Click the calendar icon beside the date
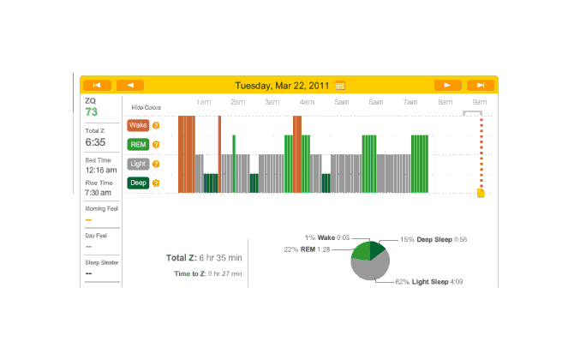[x=340, y=86]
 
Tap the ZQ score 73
[x=92, y=112]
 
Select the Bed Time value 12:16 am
[x=99, y=170]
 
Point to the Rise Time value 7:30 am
[x=99, y=193]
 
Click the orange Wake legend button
[x=138, y=125]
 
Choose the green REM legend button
[x=138, y=144]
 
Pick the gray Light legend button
[x=138, y=163]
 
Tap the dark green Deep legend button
[x=138, y=183]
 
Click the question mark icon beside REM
[x=156, y=144]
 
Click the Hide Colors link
[x=146, y=108]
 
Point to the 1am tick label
[x=204, y=102]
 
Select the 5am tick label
[x=341, y=102]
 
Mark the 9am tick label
[x=479, y=102]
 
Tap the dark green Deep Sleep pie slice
[x=378, y=249]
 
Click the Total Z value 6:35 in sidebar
[x=94, y=142]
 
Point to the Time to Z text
[x=207, y=274]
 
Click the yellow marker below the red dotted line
[x=481, y=193]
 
